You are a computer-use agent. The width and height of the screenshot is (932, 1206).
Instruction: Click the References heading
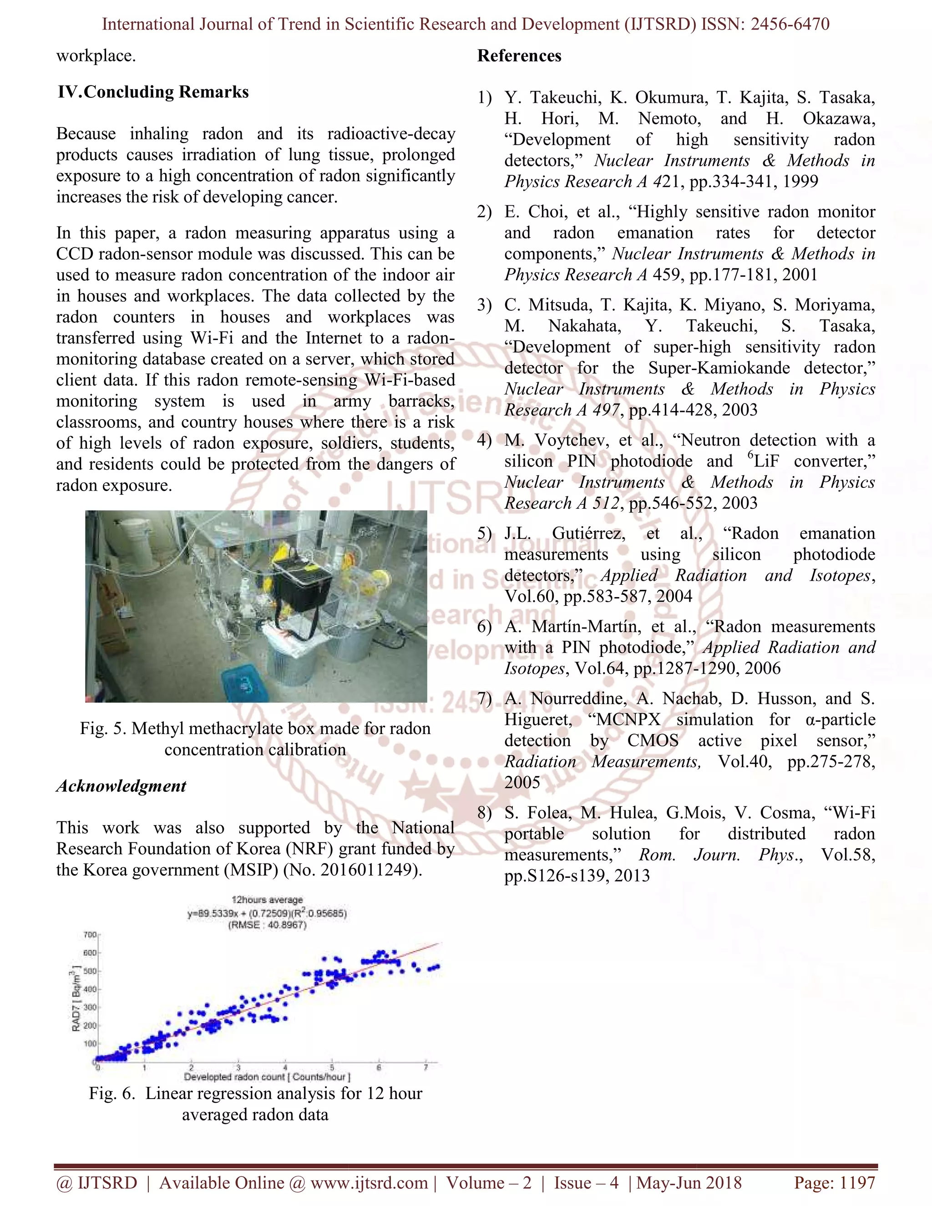519,56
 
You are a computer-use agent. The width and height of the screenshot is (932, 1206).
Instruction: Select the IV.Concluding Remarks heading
153,91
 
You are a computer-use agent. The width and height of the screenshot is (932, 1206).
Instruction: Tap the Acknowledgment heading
121,786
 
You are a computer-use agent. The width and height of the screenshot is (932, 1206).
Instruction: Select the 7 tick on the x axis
425,1067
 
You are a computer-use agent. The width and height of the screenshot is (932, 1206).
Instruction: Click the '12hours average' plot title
267,900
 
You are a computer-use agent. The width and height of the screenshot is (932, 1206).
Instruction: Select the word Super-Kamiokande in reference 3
718,368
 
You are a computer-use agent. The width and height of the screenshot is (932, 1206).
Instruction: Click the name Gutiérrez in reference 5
588,533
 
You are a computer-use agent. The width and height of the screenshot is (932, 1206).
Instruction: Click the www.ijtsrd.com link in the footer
369,1183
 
